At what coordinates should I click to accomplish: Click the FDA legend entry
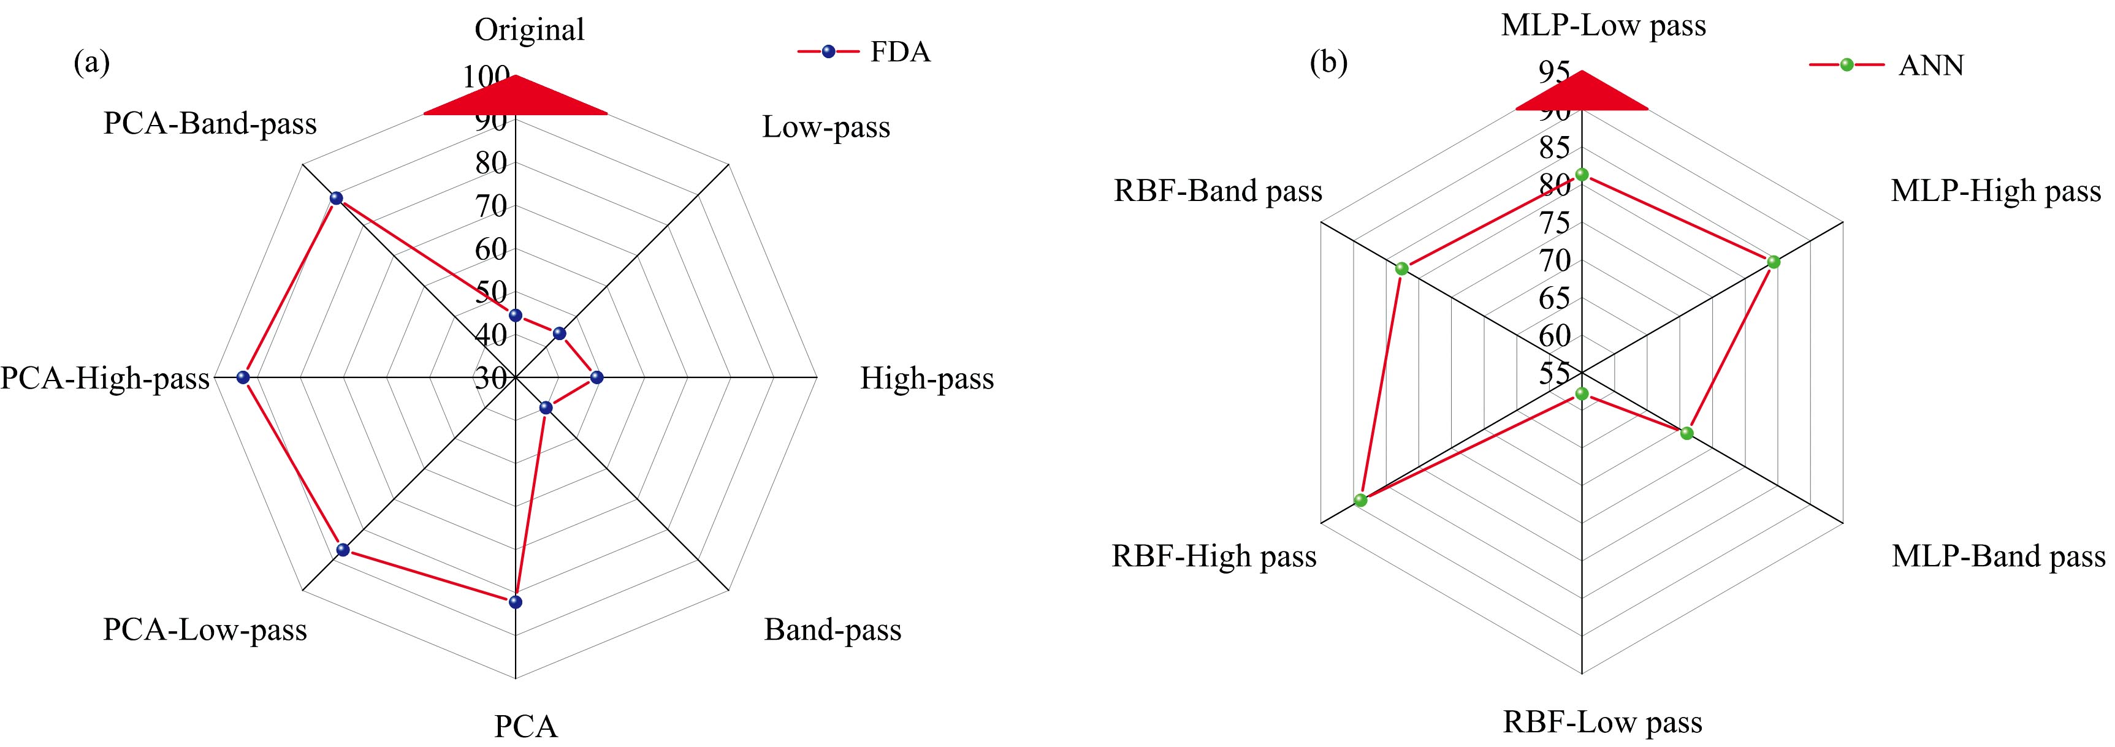coord(864,51)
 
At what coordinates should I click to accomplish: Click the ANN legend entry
coord(1887,65)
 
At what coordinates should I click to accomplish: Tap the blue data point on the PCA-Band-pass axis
coord(336,199)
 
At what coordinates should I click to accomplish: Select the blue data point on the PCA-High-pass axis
coord(242,377)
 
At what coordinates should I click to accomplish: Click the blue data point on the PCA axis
coord(516,602)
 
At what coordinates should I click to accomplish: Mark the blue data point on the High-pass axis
coord(597,377)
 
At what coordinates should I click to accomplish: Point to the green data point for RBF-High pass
coord(1360,500)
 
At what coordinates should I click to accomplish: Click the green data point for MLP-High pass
coord(1774,262)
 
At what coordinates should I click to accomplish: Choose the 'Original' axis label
coord(530,29)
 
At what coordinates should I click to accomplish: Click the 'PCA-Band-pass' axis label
coord(210,123)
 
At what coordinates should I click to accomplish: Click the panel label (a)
coord(91,63)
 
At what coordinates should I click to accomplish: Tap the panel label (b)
coord(1328,63)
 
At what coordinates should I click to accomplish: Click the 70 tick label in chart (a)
coord(491,206)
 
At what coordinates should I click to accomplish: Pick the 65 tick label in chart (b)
coord(1554,298)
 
